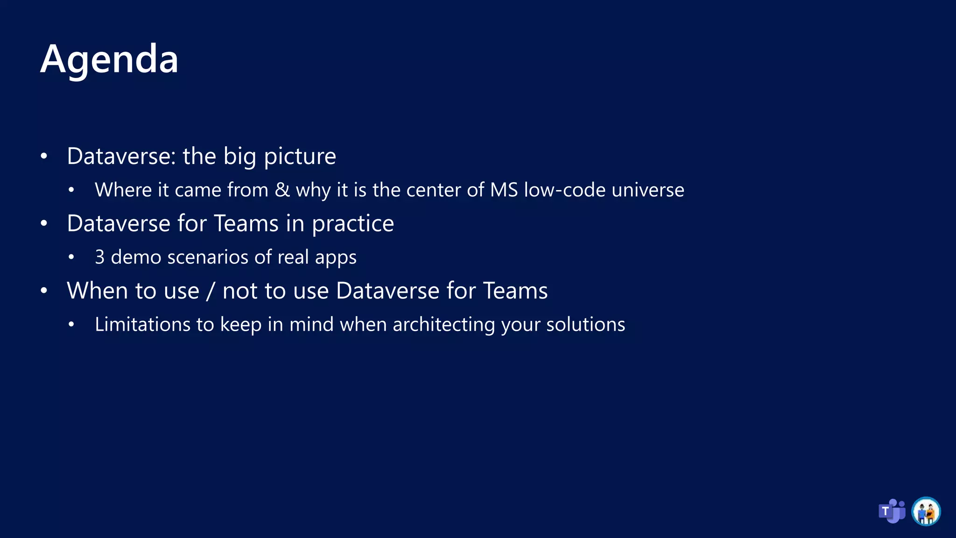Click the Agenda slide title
109,59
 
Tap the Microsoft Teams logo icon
892,511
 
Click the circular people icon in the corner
926,511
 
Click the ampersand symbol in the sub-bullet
282,190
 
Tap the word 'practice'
353,224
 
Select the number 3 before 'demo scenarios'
99,257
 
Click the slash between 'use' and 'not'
211,291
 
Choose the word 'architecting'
443,325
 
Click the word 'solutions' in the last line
585,325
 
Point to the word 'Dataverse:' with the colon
121,156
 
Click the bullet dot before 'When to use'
44,291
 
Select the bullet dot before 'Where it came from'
71,190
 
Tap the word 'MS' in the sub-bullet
504,190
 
